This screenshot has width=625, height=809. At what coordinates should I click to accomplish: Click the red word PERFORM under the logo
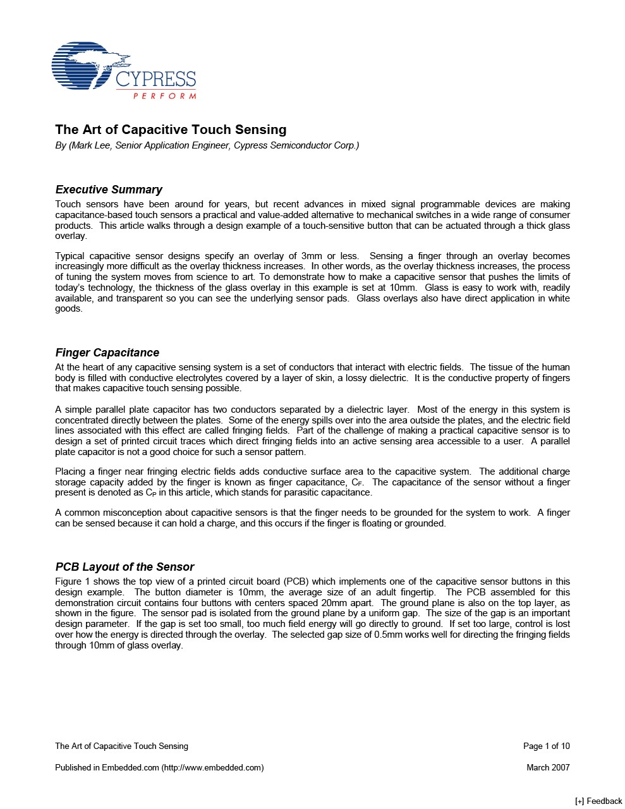tap(164, 96)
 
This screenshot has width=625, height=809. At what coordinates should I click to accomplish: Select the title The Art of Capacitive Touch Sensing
tap(171, 130)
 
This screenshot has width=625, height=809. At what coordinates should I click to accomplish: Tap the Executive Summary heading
tap(109, 190)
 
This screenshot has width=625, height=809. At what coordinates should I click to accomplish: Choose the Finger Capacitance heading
tap(107, 353)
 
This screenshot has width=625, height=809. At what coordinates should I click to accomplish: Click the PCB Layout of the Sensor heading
tap(124, 567)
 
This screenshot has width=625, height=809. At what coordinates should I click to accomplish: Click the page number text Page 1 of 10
tap(546, 746)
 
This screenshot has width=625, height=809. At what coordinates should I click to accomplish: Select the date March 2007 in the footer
tap(548, 767)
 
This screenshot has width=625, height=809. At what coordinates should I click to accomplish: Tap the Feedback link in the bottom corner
tap(598, 801)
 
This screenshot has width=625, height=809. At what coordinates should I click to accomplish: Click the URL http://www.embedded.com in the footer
tap(212, 767)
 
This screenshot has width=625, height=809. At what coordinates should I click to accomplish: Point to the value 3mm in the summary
tap(312, 256)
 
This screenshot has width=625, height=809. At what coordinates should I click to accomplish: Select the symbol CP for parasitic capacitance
tap(150, 493)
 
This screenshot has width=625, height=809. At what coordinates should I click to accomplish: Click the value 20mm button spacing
tap(334, 603)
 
